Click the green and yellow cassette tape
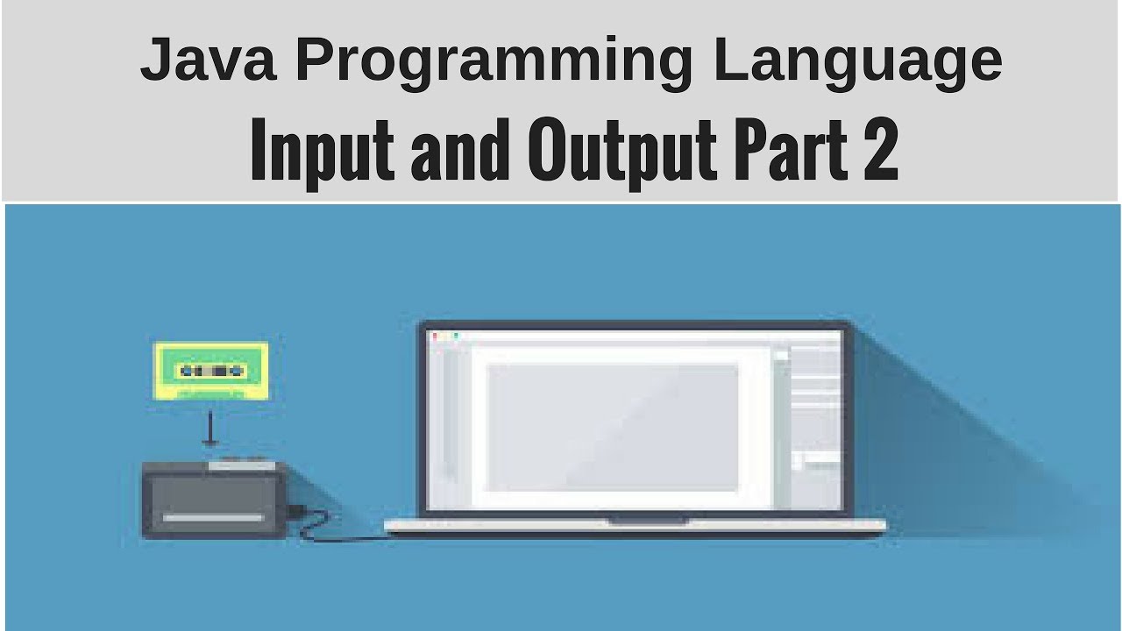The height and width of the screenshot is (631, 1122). (210, 371)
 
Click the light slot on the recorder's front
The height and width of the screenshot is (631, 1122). (213, 518)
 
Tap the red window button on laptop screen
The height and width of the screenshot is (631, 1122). (434, 336)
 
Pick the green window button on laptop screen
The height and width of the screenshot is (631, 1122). (455, 336)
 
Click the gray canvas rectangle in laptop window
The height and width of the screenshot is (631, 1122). (613, 427)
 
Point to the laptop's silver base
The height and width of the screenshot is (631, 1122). (636, 528)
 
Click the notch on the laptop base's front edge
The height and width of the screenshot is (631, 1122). (649, 521)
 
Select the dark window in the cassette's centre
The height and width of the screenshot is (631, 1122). (217, 371)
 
